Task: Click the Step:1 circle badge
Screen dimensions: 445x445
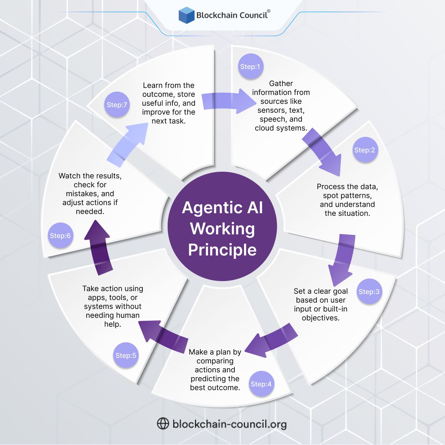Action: coord(250,67)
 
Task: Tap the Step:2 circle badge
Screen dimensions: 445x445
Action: coord(365,150)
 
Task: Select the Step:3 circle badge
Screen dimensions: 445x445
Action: coord(369,292)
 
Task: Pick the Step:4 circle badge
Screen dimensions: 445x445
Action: coord(261,384)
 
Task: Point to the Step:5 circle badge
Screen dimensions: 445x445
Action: coord(126,356)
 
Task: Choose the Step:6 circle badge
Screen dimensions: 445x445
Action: coord(60,236)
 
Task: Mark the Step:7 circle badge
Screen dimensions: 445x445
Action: coord(117,105)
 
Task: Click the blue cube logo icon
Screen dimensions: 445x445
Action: coord(187,16)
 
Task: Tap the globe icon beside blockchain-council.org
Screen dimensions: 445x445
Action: coord(163,423)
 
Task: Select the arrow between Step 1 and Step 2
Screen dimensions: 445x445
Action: coord(322,152)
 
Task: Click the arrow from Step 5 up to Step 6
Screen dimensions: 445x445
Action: coord(98,247)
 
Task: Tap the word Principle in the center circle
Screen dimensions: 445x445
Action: coord(222,250)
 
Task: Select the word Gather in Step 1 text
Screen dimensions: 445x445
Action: coord(281,83)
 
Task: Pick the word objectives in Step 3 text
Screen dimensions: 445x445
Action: coord(321,318)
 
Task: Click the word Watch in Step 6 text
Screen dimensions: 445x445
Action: coord(70,176)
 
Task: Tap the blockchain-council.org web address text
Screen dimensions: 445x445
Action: coord(230,424)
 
